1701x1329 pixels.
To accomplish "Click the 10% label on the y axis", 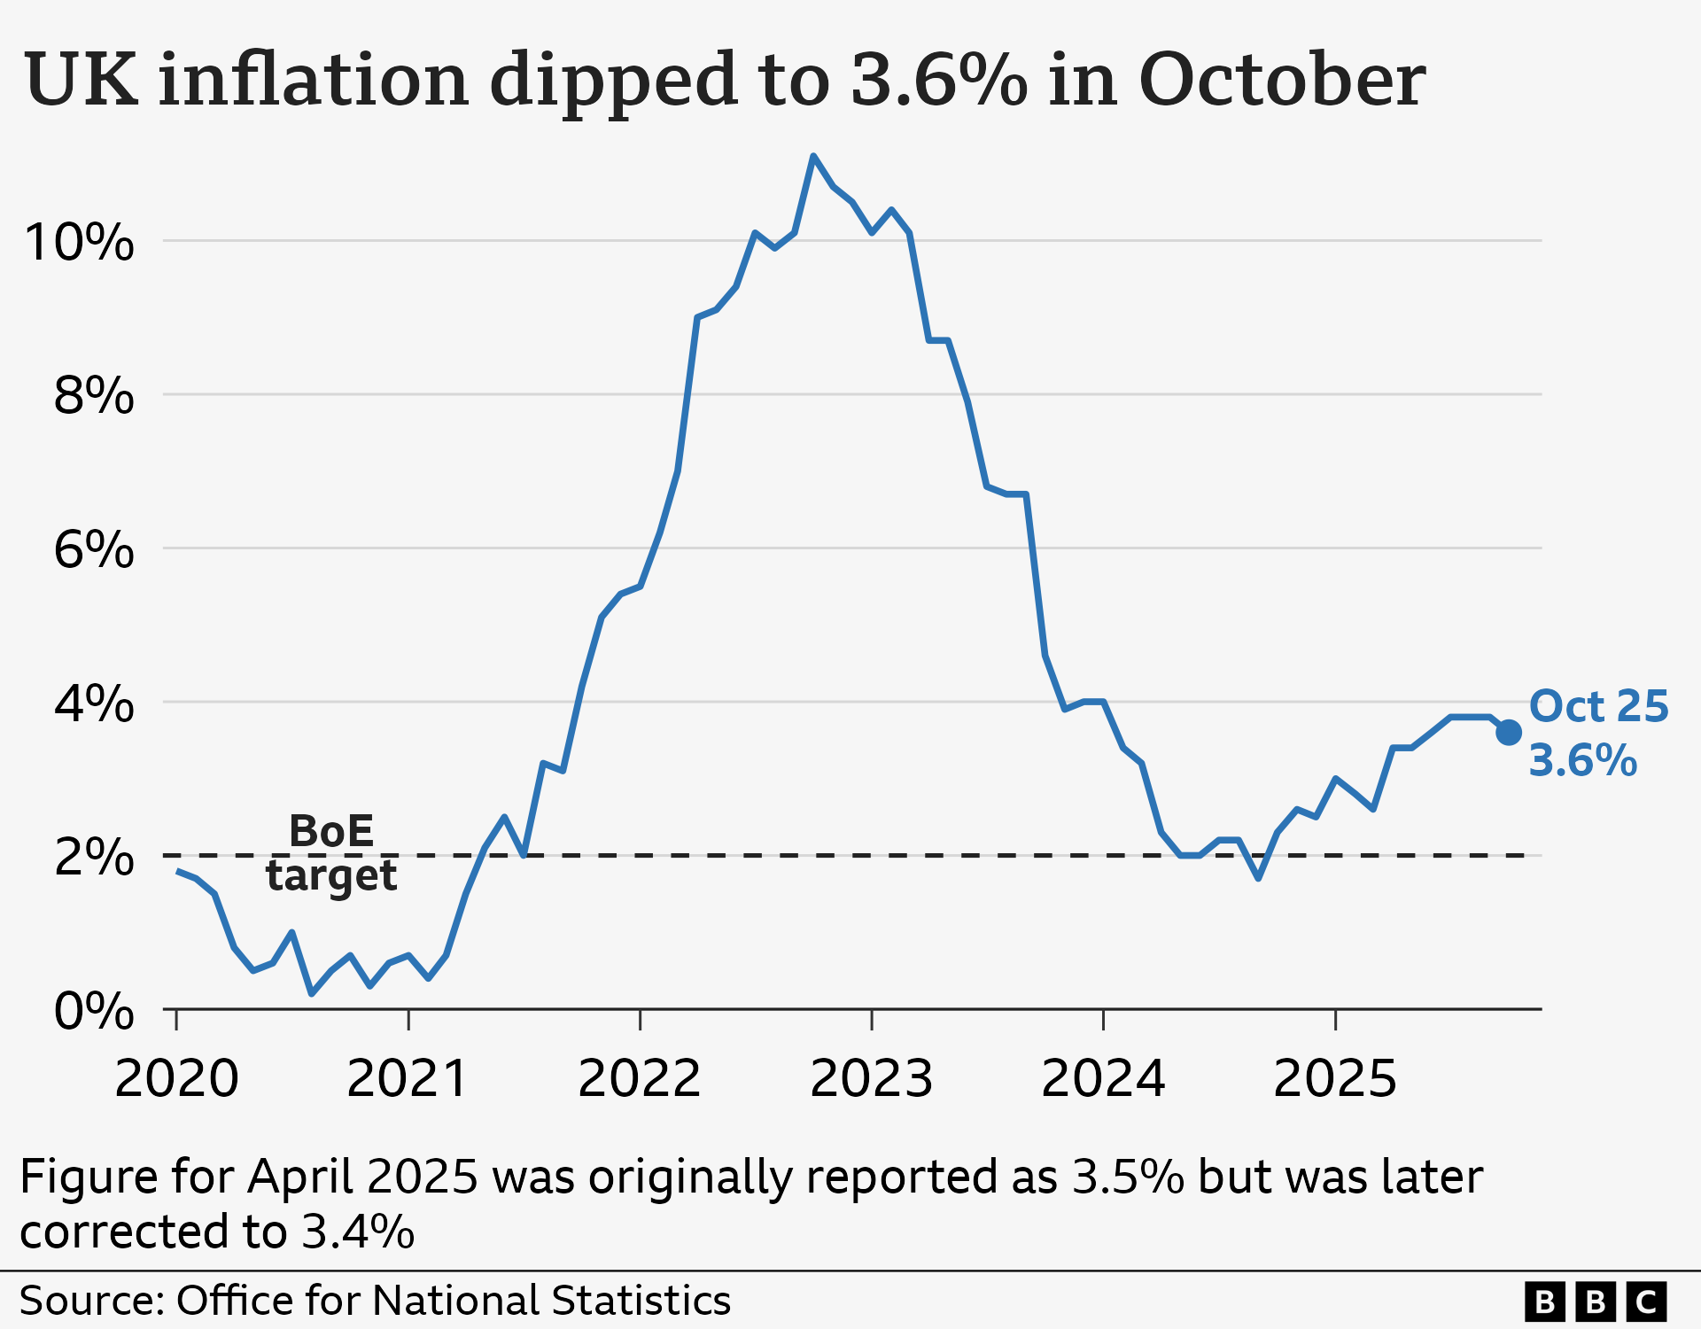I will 80,242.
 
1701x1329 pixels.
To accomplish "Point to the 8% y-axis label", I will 93,395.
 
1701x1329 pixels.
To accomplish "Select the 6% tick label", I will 93,549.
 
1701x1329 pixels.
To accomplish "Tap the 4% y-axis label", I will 93,703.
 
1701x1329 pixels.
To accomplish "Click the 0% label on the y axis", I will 93,1011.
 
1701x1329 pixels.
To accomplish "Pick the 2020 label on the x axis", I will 176,1078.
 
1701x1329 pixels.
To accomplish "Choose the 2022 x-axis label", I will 640,1078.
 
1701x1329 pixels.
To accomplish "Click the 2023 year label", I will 872,1078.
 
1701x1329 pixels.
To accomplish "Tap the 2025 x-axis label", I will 1335,1078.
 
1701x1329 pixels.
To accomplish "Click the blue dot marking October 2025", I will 1509,733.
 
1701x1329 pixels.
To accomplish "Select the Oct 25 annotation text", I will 1598,706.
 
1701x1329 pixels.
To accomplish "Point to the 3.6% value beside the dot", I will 1582,760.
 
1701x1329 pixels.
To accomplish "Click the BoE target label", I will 331,852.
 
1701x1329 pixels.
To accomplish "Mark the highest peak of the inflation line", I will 813,157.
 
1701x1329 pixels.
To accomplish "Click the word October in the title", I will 1281,80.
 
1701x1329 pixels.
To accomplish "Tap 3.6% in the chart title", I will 937,80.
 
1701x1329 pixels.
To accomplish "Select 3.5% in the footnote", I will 1128,1177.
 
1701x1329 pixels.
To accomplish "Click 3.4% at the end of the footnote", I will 358,1232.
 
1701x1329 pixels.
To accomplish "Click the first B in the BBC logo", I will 1544,1302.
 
